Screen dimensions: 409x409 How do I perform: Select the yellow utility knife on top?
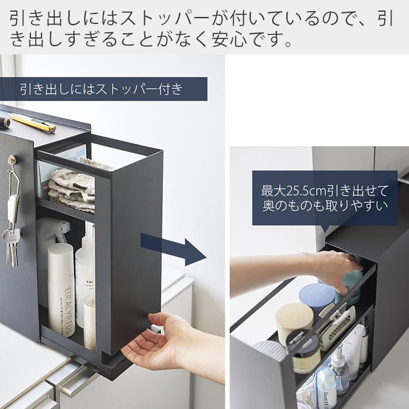point(33,123)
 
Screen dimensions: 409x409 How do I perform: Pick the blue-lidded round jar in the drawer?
point(316,296)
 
